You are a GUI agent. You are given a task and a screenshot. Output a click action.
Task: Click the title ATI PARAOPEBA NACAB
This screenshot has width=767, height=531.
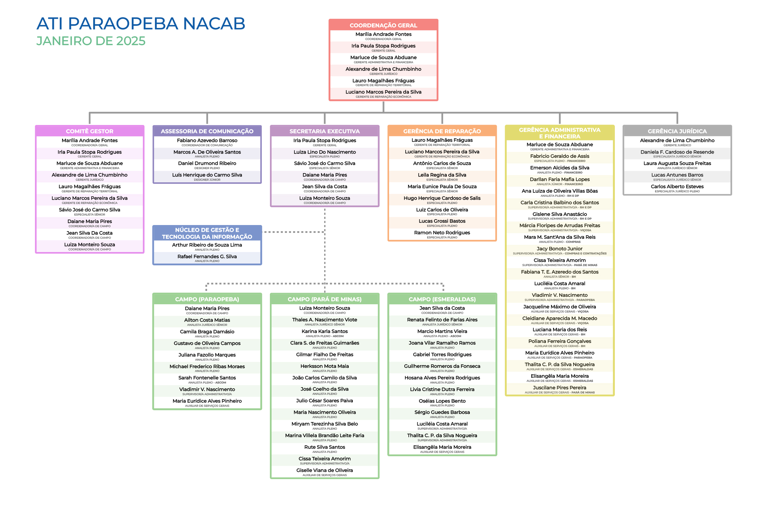click(x=141, y=24)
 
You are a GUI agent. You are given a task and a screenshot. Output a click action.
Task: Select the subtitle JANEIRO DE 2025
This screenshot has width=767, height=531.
click(x=91, y=41)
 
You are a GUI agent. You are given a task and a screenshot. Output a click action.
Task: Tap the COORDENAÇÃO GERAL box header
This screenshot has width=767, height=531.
click(x=383, y=25)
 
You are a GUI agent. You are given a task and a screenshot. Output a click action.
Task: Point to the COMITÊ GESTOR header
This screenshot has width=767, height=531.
click(x=89, y=131)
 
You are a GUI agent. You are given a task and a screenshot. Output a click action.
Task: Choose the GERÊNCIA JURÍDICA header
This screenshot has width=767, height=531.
click(x=677, y=131)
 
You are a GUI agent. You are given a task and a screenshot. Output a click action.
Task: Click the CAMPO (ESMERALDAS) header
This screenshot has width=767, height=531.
click(x=442, y=299)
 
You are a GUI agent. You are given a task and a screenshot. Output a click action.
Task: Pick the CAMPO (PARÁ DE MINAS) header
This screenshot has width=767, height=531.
click(x=324, y=299)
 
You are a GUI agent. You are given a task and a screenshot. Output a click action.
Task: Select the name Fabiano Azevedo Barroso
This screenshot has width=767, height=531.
click(x=207, y=140)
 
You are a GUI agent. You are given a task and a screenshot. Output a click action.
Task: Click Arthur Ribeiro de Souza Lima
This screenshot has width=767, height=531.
click(x=207, y=245)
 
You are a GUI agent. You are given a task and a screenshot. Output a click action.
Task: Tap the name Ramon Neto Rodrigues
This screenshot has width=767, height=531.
click(x=442, y=233)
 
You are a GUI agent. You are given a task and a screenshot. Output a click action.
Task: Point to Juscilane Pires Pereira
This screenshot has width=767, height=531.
click(x=560, y=388)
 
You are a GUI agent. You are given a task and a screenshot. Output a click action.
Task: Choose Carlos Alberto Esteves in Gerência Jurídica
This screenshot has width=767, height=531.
click(x=677, y=186)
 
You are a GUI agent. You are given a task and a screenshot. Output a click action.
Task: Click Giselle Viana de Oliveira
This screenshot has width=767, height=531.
click(x=324, y=470)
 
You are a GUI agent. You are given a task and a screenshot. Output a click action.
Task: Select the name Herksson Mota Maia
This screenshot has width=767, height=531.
click(x=324, y=366)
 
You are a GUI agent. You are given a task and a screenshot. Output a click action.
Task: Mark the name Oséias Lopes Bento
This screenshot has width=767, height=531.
click(x=442, y=401)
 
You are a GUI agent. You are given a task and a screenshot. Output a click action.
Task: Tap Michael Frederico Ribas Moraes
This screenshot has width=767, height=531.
click(x=207, y=366)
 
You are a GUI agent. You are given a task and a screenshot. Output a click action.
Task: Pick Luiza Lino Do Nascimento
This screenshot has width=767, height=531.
click(x=324, y=152)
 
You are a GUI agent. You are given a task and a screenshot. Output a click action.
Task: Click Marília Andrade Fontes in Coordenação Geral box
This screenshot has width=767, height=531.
click(x=383, y=34)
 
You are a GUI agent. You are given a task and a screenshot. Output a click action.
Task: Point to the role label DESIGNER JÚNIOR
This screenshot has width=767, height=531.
click(x=207, y=180)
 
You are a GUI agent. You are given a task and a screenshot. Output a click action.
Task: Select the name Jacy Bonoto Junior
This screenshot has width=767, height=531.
click(x=560, y=249)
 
